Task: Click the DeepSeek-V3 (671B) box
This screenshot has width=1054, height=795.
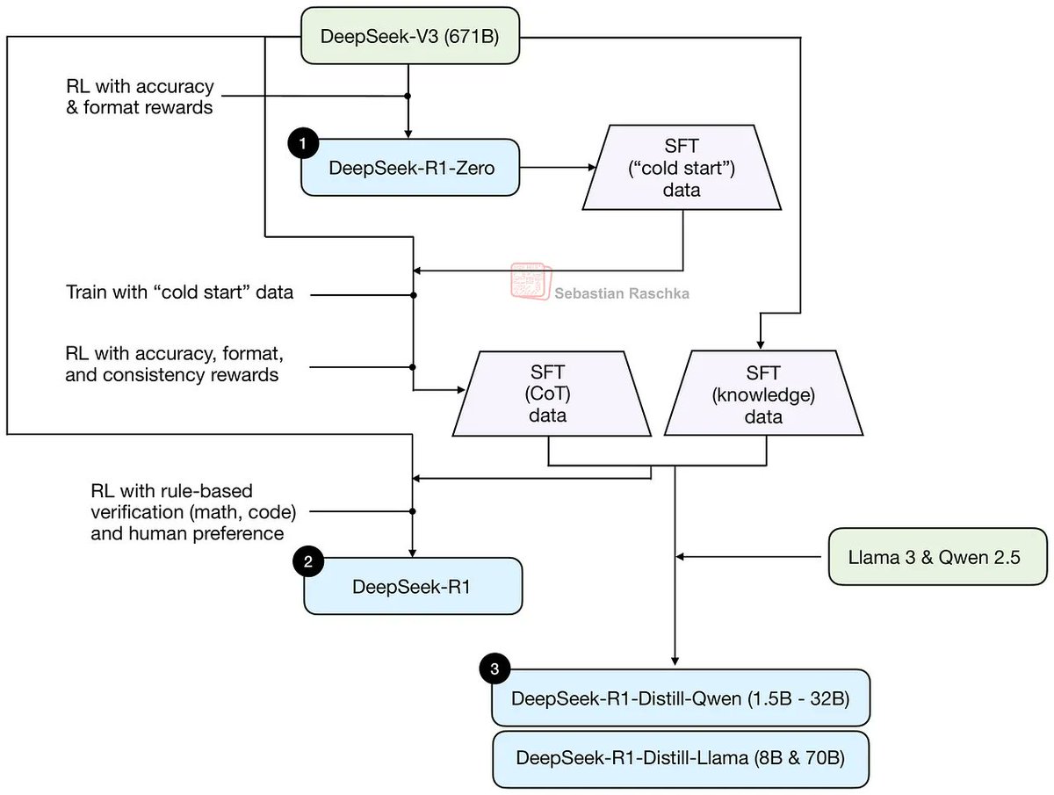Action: click(x=410, y=37)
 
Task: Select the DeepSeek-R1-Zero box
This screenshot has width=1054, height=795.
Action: click(x=410, y=167)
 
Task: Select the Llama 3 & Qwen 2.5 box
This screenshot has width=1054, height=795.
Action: click(x=938, y=556)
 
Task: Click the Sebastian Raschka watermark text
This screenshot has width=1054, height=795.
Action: click(x=622, y=294)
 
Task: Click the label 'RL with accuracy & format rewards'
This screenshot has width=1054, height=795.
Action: click(x=140, y=98)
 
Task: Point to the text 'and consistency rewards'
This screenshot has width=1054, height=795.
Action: click(x=172, y=376)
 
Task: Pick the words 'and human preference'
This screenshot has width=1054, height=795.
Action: click(x=187, y=533)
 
